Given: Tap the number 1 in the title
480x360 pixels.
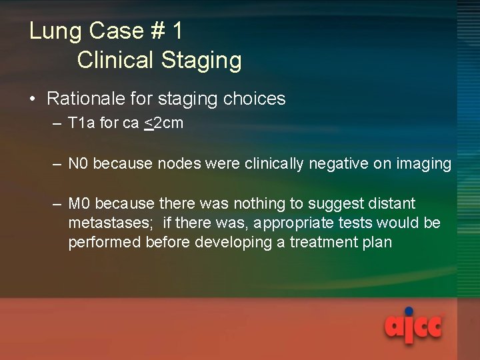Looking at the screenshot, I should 177,31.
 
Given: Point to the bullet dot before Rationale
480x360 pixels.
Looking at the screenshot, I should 33,99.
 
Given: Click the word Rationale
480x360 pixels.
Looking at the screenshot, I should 85,99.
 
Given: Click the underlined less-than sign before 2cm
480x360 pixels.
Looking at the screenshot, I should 149,123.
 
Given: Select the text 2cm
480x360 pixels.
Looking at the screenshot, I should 169,123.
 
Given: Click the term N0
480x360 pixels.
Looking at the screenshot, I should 79,163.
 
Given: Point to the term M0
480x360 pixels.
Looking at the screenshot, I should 79,203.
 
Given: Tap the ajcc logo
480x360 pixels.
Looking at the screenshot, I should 412,327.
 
